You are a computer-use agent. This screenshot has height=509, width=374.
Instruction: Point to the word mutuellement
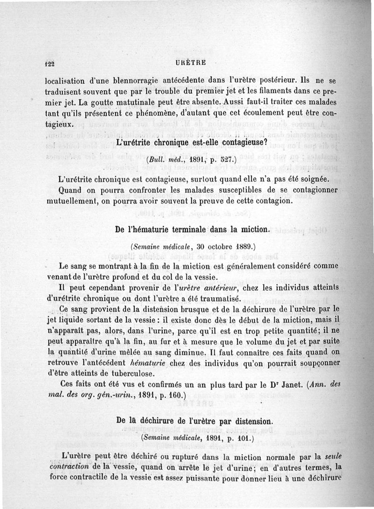coord(70,201)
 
